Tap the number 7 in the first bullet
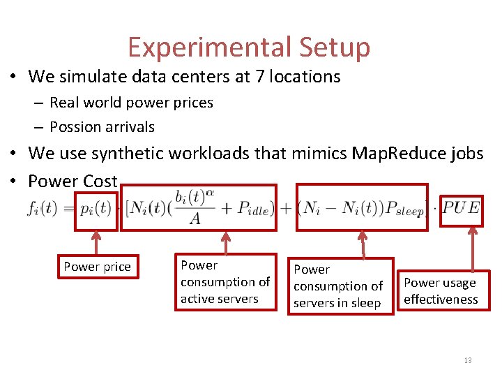260,76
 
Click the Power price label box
97,267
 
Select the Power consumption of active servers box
225,282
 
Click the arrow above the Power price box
96,242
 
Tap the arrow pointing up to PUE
473,248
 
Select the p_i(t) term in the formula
96,208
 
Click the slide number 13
467,360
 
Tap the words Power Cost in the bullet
73,182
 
